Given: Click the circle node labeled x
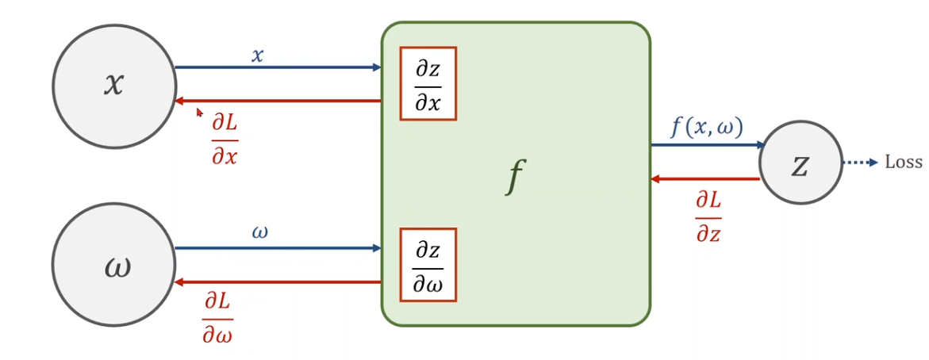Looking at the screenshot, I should pos(114,86).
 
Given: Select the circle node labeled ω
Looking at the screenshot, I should pos(114,266).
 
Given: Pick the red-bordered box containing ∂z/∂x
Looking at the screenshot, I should pos(428,83).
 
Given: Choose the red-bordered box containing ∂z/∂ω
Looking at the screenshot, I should pos(428,265).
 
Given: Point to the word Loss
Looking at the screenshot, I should pos(904,163).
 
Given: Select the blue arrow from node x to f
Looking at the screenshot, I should pos(278,67).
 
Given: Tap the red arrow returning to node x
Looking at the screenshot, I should pos(278,101).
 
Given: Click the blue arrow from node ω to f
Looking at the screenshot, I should pos(278,248).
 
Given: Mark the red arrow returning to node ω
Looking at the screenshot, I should pos(278,282).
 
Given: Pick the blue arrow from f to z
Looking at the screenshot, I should pos(706,145).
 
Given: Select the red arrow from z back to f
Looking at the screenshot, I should pos(706,179).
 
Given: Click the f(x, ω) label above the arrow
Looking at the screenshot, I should pos(706,127).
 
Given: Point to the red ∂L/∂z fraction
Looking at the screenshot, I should pos(708,216).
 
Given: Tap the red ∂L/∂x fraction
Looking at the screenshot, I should pos(225,140).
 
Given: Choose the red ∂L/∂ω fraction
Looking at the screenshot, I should pos(218,318).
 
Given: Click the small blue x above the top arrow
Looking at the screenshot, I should pos(257,56).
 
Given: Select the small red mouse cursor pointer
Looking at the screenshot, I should pos(200,113).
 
